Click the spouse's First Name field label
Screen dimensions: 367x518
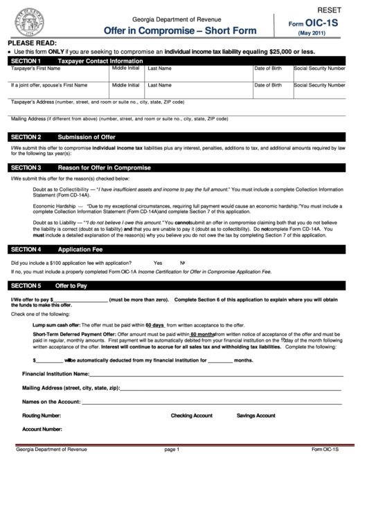pos(48,85)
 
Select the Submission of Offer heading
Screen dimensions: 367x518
pos(86,137)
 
